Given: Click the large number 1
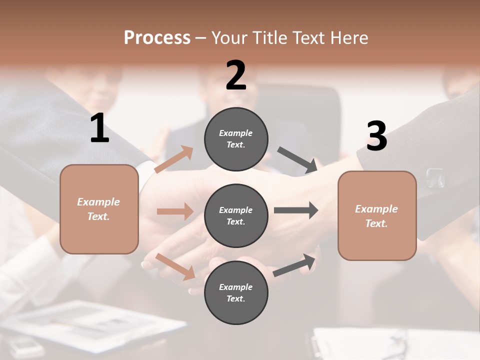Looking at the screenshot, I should (99, 128).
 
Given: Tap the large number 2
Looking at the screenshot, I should (236, 75).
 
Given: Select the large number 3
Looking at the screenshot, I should (376, 136).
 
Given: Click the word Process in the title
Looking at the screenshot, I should (157, 37).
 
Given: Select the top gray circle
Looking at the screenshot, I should (236, 139).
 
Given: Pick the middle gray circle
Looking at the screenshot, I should (236, 215).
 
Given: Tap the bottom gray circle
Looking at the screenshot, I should (236, 292).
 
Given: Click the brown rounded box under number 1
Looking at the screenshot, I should (99, 209).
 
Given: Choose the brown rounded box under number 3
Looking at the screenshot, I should (377, 216).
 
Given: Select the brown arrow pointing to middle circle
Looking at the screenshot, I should (175, 211).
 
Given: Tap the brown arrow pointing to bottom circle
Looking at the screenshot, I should (175, 266).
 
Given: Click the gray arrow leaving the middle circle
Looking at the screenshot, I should (296, 210).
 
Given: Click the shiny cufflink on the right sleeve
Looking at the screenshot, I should (434, 177).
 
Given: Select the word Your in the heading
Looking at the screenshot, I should (229, 37).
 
